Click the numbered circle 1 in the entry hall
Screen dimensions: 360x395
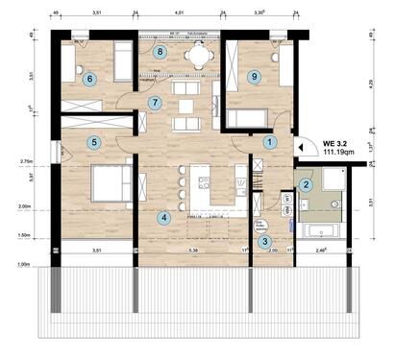(270, 142)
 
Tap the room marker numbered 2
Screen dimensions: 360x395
(307, 185)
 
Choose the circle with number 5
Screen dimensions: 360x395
(94, 143)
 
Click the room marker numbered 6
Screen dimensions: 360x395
(90, 80)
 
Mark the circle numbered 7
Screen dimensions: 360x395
(156, 102)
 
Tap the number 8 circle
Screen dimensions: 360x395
(160, 52)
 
